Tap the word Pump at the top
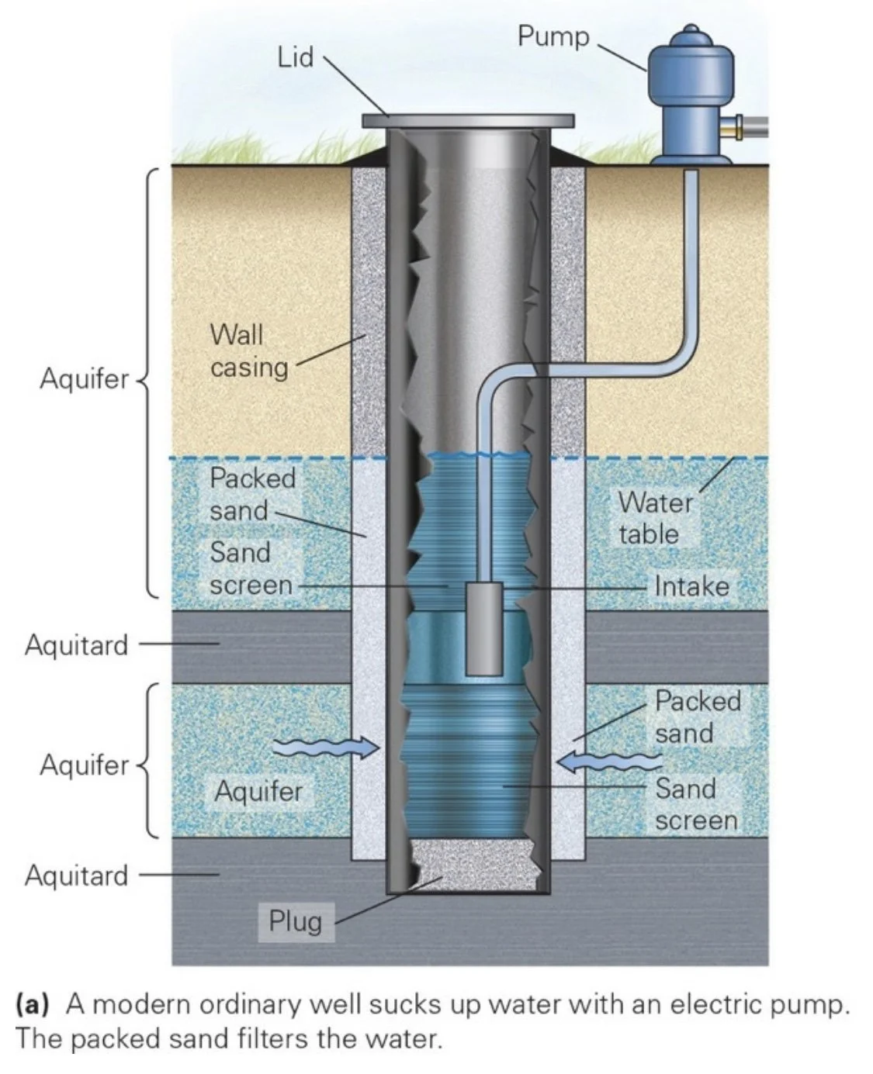(553, 36)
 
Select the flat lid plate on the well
(468, 121)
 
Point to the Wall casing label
(248, 351)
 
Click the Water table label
(653, 518)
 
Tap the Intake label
(691, 586)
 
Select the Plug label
(295, 921)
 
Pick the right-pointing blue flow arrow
(329, 748)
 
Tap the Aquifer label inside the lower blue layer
(258, 792)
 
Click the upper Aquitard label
(76, 644)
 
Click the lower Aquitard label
(76, 875)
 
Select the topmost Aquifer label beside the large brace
(84, 379)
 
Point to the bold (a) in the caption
(32, 1005)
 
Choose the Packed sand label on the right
(697, 717)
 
